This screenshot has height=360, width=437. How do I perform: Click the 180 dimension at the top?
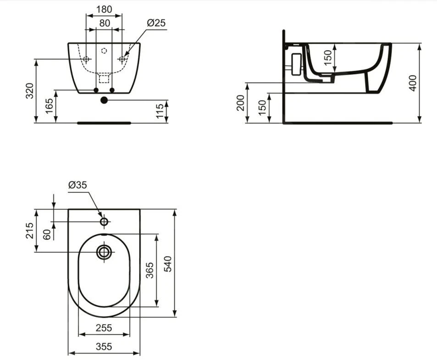pyautogui.click(x=104, y=9)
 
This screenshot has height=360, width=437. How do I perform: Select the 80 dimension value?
pyautogui.click(x=105, y=23)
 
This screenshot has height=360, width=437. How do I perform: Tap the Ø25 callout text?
pyautogui.click(x=156, y=23)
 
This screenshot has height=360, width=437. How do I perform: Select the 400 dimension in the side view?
pyautogui.click(x=413, y=83)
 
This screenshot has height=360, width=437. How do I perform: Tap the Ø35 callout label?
pyautogui.click(x=77, y=185)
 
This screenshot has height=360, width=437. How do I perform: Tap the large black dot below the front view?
pyautogui.click(x=104, y=100)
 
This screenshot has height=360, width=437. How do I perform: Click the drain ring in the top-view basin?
pyautogui.click(x=104, y=252)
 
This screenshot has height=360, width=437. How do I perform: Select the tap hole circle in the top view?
pyautogui.click(x=104, y=222)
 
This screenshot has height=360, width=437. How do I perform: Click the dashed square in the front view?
pyautogui.click(x=104, y=78)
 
